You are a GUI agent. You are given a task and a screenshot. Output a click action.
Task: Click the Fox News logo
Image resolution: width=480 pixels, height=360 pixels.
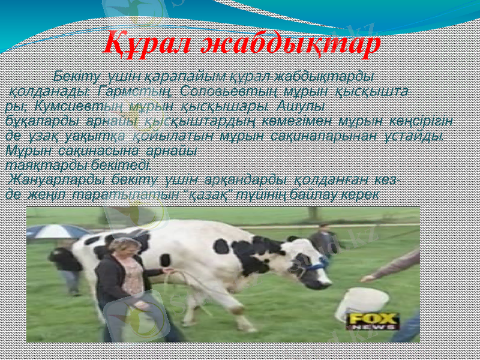pos(373,321)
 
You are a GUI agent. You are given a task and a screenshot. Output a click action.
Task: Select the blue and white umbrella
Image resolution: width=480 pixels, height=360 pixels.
pos(57,230)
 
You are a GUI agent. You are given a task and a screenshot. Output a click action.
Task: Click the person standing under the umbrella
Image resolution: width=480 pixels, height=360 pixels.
pos(66,264)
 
